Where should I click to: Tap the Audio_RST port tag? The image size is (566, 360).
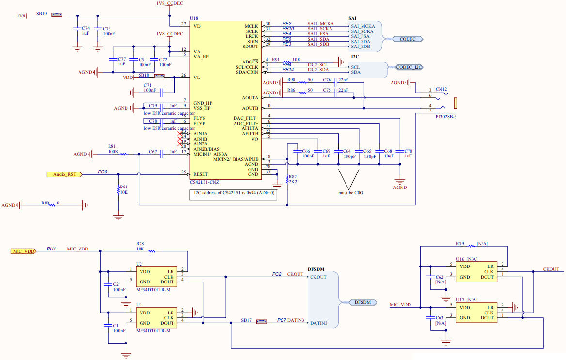tap(64, 174)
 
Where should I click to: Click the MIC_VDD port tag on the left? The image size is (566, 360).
tap(23, 251)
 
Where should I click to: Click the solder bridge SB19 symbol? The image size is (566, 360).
tap(57, 15)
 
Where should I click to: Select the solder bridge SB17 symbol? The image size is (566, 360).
tap(262, 321)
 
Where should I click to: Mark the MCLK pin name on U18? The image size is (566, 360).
tap(251, 25)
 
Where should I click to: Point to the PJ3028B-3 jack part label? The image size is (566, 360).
tap(446, 117)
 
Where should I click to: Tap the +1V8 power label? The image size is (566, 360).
tap(20, 16)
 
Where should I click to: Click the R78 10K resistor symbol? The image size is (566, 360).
tap(151, 251)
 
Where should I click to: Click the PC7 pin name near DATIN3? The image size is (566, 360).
tap(281, 320)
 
